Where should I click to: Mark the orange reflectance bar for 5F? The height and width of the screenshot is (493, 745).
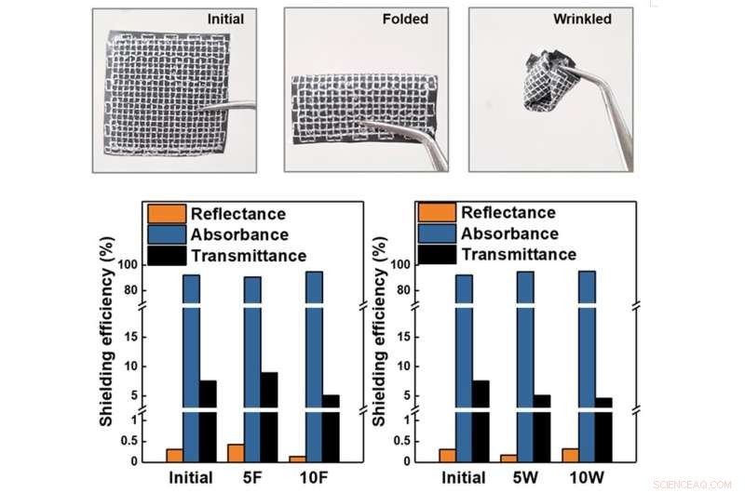pos(237,453)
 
